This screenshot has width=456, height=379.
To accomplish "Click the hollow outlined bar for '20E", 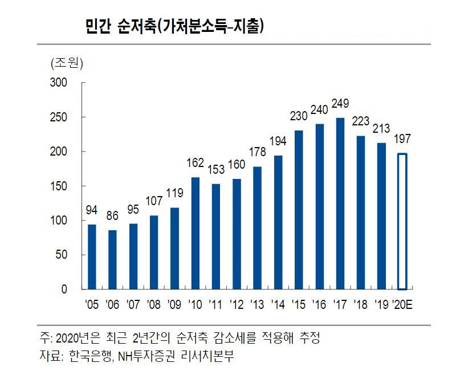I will tap(402, 221).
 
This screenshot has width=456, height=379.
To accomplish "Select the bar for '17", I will tap(340, 203).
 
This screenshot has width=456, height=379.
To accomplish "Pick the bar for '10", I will tap(195, 233).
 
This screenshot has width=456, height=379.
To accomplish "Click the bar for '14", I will tap(278, 222).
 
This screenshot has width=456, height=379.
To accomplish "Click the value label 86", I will tap(112, 215).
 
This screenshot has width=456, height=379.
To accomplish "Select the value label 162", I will tap(195, 164).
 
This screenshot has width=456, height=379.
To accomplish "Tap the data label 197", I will tap(402, 139).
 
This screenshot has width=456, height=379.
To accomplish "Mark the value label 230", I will tap(299, 116).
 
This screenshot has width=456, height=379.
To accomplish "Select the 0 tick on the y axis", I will tap(64, 290).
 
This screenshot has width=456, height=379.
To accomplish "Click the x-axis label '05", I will tap(91, 305).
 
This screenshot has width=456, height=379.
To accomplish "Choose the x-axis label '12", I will tap(237, 305).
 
